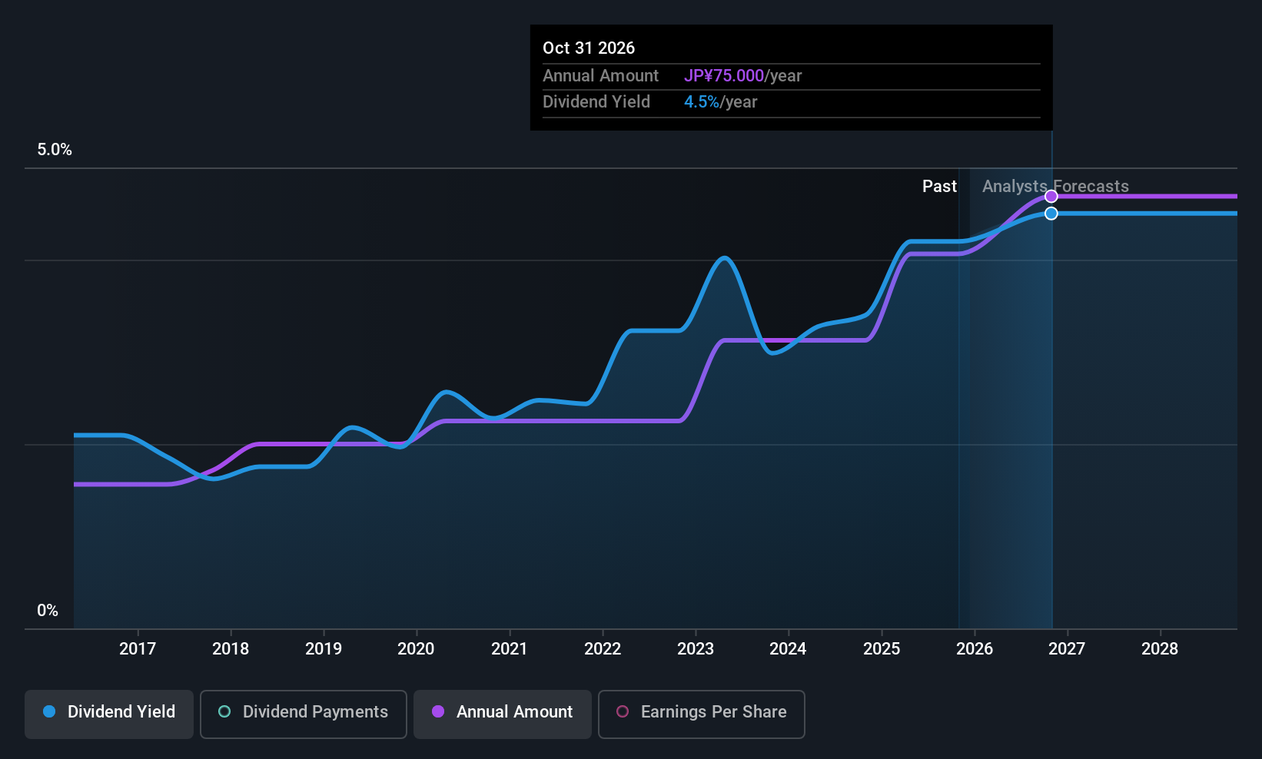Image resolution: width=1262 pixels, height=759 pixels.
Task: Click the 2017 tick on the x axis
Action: pos(138,649)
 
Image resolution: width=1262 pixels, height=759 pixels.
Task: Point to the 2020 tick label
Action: pos(416,649)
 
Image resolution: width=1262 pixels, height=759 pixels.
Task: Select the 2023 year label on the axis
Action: pos(696,649)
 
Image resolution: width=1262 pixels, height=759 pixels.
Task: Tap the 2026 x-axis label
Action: pos(975,649)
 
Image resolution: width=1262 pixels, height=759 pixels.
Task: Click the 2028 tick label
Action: pos(1160,649)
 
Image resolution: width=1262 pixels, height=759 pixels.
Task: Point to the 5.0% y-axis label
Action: pos(55,150)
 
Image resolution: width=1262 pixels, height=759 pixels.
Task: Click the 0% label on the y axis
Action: pos(48,611)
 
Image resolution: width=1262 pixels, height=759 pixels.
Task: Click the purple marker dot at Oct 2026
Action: pos(1051,197)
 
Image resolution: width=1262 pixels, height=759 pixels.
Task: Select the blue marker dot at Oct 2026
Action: pos(1051,214)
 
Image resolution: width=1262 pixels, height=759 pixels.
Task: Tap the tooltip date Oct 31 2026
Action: pos(589,48)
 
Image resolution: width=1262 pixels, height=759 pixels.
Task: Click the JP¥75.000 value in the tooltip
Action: pos(723,76)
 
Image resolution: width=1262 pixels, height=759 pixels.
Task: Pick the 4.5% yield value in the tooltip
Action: pos(701,102)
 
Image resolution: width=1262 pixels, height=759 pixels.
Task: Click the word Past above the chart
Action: pos(939,187)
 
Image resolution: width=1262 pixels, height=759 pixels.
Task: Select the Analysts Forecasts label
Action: pos(1055,187)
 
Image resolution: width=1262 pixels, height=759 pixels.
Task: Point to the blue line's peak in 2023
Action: pos(724,258)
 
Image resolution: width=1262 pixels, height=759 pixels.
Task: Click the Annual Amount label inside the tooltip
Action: pos(600,76)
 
